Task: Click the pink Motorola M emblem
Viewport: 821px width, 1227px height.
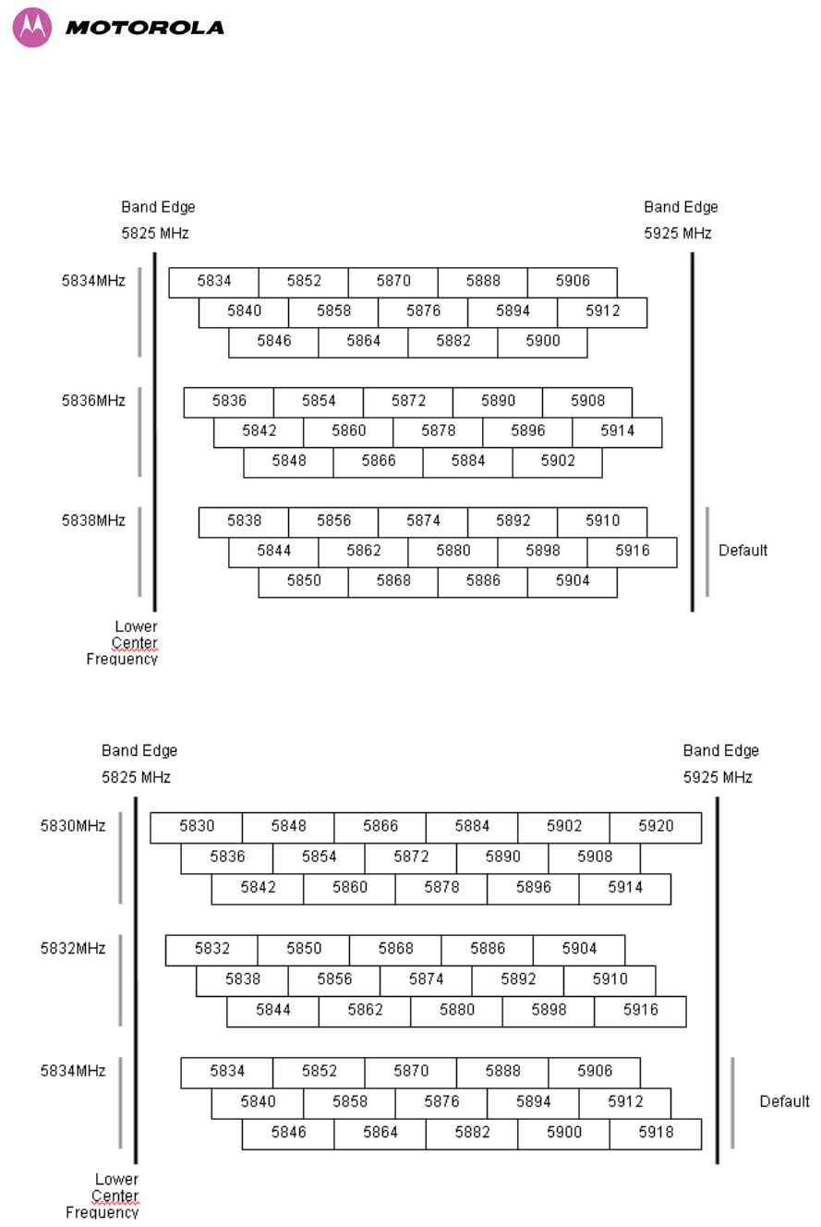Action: pyautogui.click(x=32, y=28)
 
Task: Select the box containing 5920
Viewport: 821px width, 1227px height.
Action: pyautogui.click(x=656, y=827)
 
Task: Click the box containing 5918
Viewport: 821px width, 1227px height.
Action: pyautogui.click(x=656, y=1133)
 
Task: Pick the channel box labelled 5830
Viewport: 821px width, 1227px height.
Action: pyautogui.click(x=197, y=827)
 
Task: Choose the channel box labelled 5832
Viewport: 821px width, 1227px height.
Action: pyautogui.click(x=211, y=949)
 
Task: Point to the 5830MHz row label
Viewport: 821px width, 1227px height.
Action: pyautogui.click(x=73, y=826)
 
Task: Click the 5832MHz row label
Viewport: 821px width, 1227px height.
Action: pyautogui.click(x=73, y=948)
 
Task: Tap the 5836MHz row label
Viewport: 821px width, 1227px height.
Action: pyautogui.click(x=93, y=401)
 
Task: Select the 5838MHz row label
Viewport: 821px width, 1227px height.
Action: pyautogui.click(x=93, y=521)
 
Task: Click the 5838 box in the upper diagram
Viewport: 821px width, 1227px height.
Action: pyautogui.click(x=244, y=521)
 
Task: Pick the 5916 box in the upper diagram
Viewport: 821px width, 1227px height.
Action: pyautogui.click(x=633, y=552)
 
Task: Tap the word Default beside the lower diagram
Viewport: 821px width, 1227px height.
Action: pyautogui.click(x=784, y=1101)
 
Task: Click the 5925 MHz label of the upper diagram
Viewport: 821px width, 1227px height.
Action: pyautogui.click(x=678, y=234)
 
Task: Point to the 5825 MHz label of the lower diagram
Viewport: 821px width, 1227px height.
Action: pyautogui.click(x=136, y=778)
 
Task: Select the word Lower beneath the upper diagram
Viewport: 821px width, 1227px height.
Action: pyautogui.click(x=136, y=627)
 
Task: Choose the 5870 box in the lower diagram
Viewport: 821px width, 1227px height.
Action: pyautogui.click(x=411, y=1072)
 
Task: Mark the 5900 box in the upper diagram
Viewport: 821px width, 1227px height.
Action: pyautogui.click(x=542, y=342)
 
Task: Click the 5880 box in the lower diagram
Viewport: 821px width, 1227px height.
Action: pyautogui.click(x=457, y=1010)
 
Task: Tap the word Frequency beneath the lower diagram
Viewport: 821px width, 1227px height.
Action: pyautogui.click(x=102, y=1212)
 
